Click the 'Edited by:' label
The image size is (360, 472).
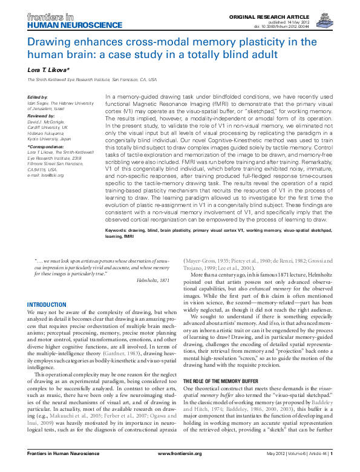[x=38, y=97]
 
